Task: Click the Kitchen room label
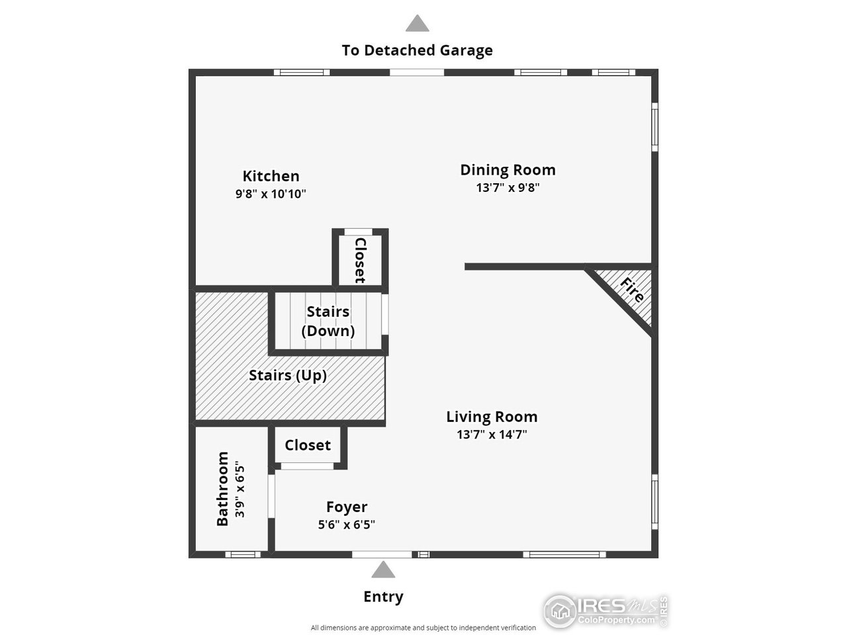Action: coord(271,176)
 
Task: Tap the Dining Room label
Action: coord(508,170)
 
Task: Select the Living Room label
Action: coord(492,417)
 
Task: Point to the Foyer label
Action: coord(347,507)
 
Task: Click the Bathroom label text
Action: coord(223,489)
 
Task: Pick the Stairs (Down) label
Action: coord(328,321)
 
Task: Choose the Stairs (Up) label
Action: coord(288,376)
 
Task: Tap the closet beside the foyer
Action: coord(308,445)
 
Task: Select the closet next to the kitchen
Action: coord(360,260)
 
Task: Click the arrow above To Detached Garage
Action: coord(417,24)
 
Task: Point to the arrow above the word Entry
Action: coord(382,570)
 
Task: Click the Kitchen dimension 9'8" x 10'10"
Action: coord(271,194)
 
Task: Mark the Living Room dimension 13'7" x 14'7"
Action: coord(492,435)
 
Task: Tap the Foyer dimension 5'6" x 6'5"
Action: coord(347,525)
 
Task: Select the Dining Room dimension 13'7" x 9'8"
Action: coord(508,187)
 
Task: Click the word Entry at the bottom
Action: coord(383,597)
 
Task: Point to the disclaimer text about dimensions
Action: coord(423,628)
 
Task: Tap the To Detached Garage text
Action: coord(417,50)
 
